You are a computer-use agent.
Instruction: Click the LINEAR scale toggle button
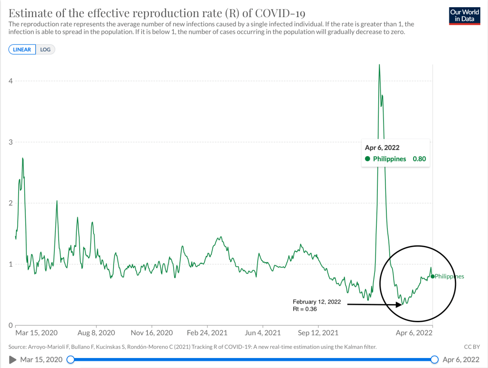pyautogui.click(x=22, y=50)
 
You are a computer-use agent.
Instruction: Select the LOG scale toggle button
pyautogui.click(x=45, y=50)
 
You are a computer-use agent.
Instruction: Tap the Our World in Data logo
pyautogui.click(x=465, y=16)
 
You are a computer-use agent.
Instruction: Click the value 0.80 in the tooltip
pyautogui.click(x=419, y=159)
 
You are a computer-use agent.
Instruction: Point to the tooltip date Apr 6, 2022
pyautogui.click(x=382, y=148)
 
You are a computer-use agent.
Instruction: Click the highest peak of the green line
pyautogui.click(x=379, y=64)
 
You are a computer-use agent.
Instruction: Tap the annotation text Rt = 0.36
pyautogui.click(x=305, y=309)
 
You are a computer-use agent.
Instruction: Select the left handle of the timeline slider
pyautogui.click(x=71, y=359)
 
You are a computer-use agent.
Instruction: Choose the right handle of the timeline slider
pyautogui.click(x=435, y=359)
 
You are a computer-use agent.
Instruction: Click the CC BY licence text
pyautogui.click(x=471, y=347)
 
